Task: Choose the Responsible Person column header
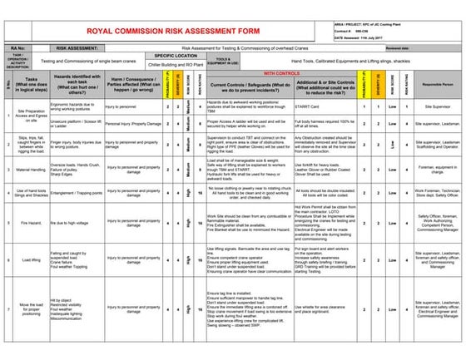[x=436, y=85]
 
